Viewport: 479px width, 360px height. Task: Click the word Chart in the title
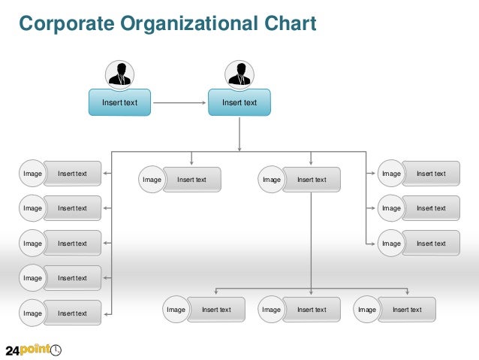coord(290,24)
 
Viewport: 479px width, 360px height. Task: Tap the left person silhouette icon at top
coord(119,74)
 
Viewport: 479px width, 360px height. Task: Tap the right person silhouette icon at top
coord(239,74)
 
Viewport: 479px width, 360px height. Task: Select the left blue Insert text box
coord(119,102)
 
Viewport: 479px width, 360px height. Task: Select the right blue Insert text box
coord(239,102)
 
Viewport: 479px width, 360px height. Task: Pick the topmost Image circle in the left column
coord(32,174)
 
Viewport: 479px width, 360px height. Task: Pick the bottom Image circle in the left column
coord(32,313)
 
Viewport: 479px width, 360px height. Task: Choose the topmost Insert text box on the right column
coord(430,174)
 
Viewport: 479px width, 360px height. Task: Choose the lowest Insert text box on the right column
coord(430,244)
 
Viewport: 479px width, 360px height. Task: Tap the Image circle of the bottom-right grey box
coord(367,310)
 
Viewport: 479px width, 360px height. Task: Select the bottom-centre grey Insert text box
coord(311,310)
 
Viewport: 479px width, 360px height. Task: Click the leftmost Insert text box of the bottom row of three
coord(216,310)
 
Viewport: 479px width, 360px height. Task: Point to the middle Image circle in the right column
coord(391,208)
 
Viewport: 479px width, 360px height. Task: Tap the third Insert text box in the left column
coord(72,244)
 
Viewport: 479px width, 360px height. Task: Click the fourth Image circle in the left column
coord(32,278)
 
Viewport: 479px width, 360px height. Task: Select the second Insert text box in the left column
coord(72,208)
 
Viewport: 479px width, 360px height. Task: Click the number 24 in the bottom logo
coord(13,349)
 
